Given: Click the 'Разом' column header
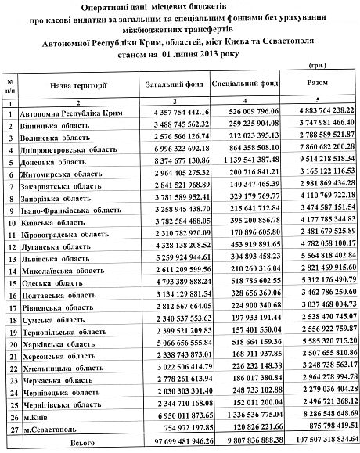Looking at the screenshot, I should coord(319,83).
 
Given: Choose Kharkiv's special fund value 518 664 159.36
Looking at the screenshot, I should coord(246,342).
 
